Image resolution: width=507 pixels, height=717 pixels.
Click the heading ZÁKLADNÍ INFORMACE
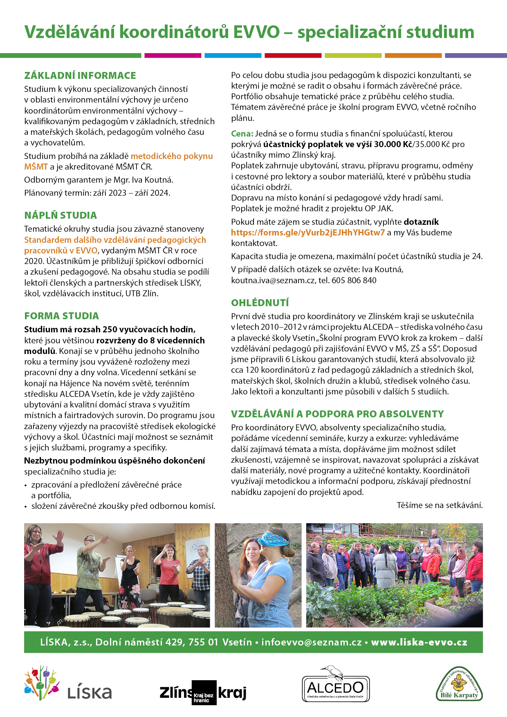(x=80, y=76)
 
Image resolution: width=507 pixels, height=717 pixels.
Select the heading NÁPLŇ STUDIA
(x=61, y=215)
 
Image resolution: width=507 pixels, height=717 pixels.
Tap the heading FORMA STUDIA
(x=61, y=316)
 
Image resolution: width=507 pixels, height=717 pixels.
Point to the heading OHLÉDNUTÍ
(x=260, y=303)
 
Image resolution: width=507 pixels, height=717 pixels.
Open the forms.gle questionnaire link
(x=307, y=233)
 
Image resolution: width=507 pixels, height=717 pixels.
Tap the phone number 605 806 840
(x=354, y=280)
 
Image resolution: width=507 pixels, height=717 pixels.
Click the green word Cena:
(x=242, y=134)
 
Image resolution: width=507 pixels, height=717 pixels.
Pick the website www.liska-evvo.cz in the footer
(x=419, y=642)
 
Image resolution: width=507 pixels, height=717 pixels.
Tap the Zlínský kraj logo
(x=203, y=692)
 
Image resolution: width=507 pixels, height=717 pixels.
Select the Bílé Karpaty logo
(x=459, y=685)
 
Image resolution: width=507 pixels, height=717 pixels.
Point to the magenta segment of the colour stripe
(x=173, y=55)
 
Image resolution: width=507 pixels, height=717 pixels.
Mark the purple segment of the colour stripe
(x=476, y=55)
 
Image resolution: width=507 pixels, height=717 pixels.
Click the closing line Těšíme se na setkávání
(x=440, y=505)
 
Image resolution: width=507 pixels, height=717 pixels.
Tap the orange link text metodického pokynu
(x=172, y=156)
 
